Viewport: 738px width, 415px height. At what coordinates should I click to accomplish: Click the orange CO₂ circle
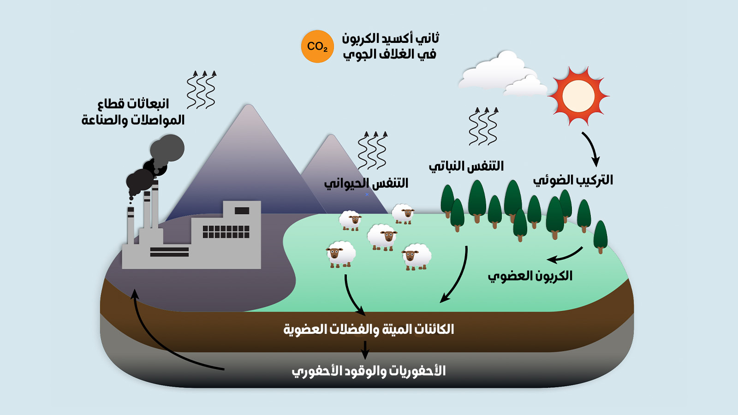317,47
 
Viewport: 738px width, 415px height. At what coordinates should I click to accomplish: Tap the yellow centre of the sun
578,96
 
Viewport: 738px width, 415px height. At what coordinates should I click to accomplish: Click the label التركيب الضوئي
573,180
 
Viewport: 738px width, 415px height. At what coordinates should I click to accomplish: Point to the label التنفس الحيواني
366,184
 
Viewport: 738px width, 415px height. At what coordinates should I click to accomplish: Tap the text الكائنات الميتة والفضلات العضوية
369,329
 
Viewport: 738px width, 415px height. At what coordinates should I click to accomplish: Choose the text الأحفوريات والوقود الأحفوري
369,371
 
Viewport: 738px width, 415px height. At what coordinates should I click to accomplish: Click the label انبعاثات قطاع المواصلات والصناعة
133,112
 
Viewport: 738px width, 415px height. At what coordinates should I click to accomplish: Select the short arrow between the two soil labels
365,350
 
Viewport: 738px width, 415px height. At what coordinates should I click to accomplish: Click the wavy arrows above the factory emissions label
201,89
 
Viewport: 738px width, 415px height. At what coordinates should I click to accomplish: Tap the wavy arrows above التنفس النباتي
483,126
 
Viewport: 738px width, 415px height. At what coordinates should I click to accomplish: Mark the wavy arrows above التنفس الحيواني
373,150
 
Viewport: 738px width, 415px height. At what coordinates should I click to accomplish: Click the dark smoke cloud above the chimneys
155,166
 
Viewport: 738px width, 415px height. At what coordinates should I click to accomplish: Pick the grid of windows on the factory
226,231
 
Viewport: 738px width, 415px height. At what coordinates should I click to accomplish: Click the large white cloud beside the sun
498,72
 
